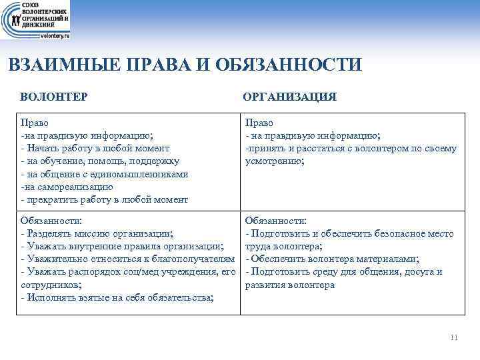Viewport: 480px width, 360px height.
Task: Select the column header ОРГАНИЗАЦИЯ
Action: pos(290,97)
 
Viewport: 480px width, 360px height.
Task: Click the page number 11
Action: pos(454,337)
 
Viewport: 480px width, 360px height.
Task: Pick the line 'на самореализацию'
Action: pos(67,186)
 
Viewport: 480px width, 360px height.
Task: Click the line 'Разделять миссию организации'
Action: pos(97,233)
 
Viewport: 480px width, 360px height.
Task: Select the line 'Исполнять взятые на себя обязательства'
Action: pos(117,297)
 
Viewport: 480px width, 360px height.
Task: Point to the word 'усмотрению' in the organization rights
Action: pos(275,161)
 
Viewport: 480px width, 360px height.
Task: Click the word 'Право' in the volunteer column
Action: pos(34,123)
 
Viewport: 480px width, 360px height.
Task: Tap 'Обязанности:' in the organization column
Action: pos(276,221)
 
